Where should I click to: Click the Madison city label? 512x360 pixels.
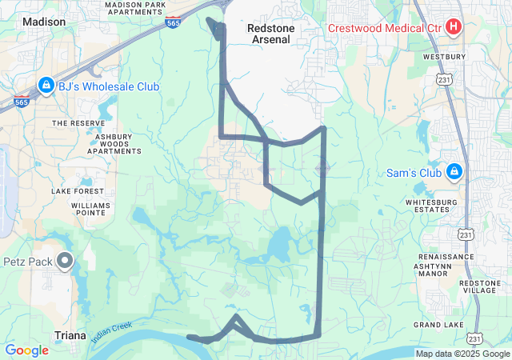pyautogui.click(x=45, y=22)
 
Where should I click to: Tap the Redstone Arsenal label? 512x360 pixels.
pyautogui.click(x=273, y=33)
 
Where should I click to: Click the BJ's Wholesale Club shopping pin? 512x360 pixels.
pyautogui.click(x=45, y=86)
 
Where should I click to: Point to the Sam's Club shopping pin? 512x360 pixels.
pyautogui.click(x=454, y=172)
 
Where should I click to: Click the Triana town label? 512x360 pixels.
pyautogui.click(x=70, y=335)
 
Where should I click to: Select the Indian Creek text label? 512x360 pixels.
pyautogui.click(x=110, y=333)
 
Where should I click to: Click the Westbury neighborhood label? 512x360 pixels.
pyautogui.click(x=446, y=57)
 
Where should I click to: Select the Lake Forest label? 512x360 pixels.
pyautogui.click(x=78, y=191)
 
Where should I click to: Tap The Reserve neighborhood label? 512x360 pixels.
pyautogui.click(x=78, y=123)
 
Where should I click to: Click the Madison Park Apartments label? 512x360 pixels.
pyautogui.click(x=135, y=8)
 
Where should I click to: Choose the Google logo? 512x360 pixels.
pyautogui.click(x=26, y=350)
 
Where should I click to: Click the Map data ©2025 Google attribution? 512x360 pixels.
pyautogui.click(x=462, y=354)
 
